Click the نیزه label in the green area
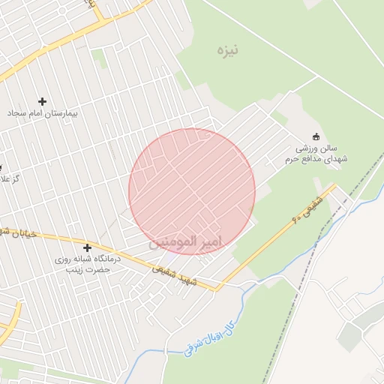pos(226,50)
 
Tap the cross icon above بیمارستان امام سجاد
pos(42,101)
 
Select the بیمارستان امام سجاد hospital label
pos(43,112)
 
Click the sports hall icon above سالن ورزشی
pos(316,136)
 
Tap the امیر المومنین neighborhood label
pos(186,241)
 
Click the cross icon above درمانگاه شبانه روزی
pos(88,247)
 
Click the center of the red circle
pos(192,191)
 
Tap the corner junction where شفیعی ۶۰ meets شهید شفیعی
pos(218,288)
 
